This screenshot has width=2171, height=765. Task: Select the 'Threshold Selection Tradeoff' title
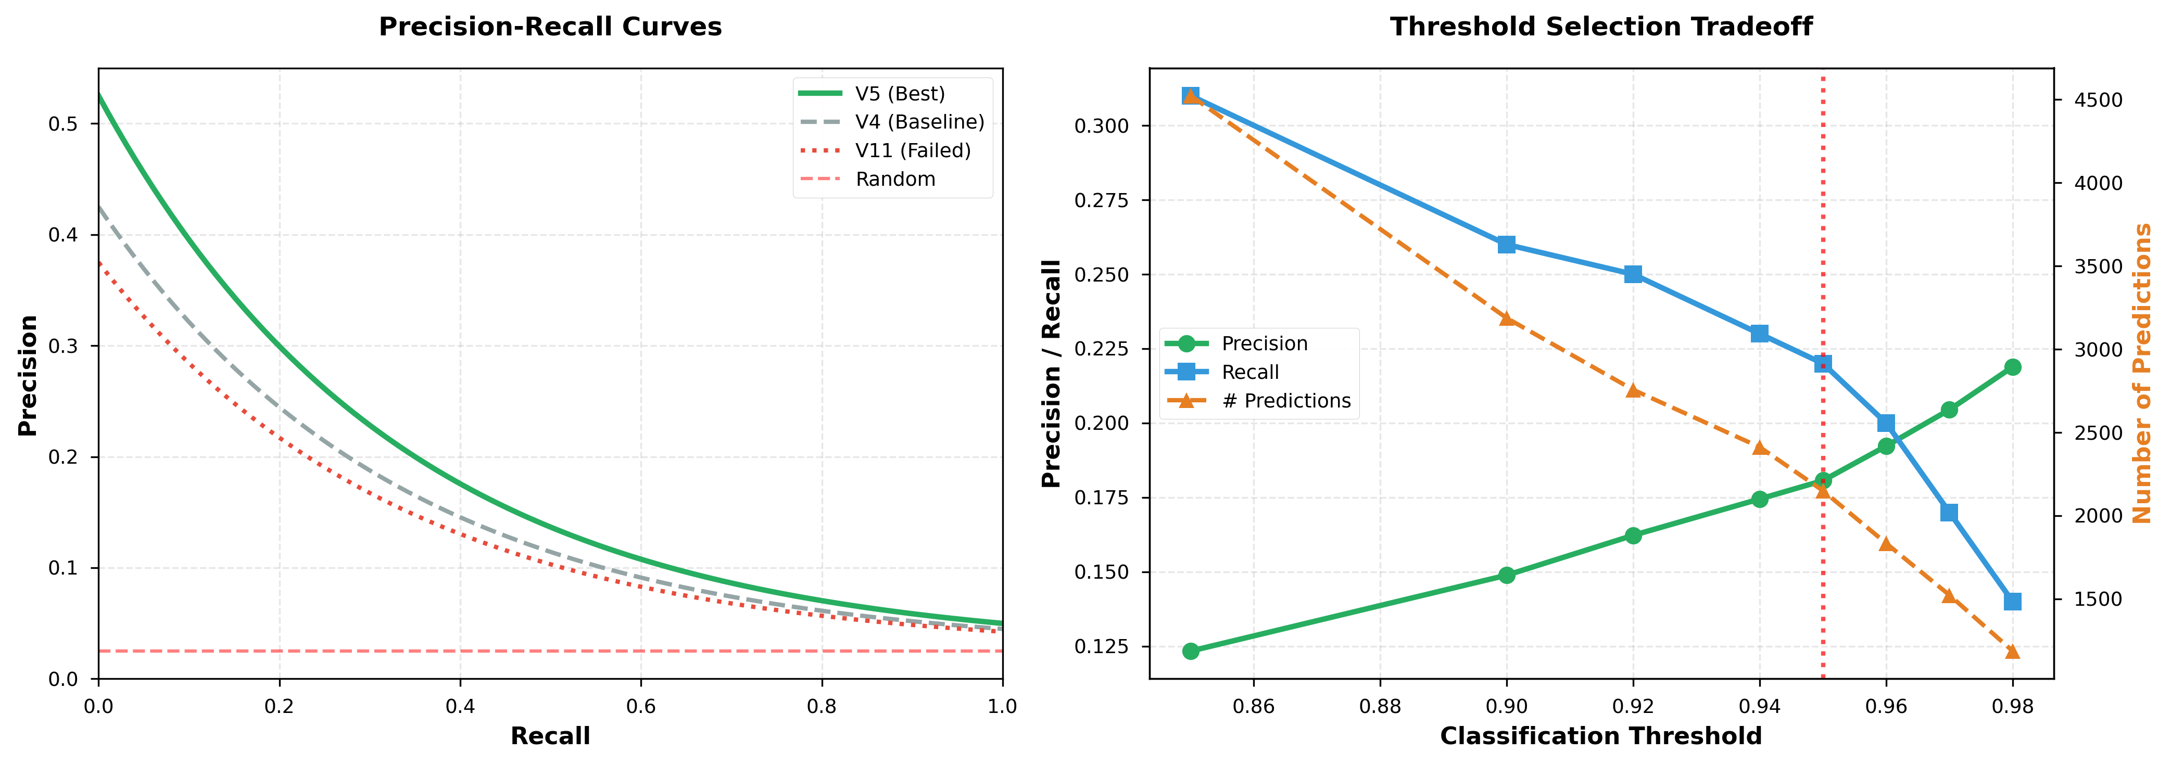1600,27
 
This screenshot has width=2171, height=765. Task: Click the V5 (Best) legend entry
899,94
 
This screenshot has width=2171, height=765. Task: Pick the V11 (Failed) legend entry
912,151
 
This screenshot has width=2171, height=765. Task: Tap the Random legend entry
894,180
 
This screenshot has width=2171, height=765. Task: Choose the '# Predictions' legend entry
1285,401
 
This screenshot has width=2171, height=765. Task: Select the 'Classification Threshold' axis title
1600,736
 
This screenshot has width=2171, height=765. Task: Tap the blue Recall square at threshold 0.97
1949,512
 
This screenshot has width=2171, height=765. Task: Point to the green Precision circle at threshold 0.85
1190,651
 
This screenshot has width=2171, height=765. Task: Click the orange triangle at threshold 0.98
2013,651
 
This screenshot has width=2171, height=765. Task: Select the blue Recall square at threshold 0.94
1759,334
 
